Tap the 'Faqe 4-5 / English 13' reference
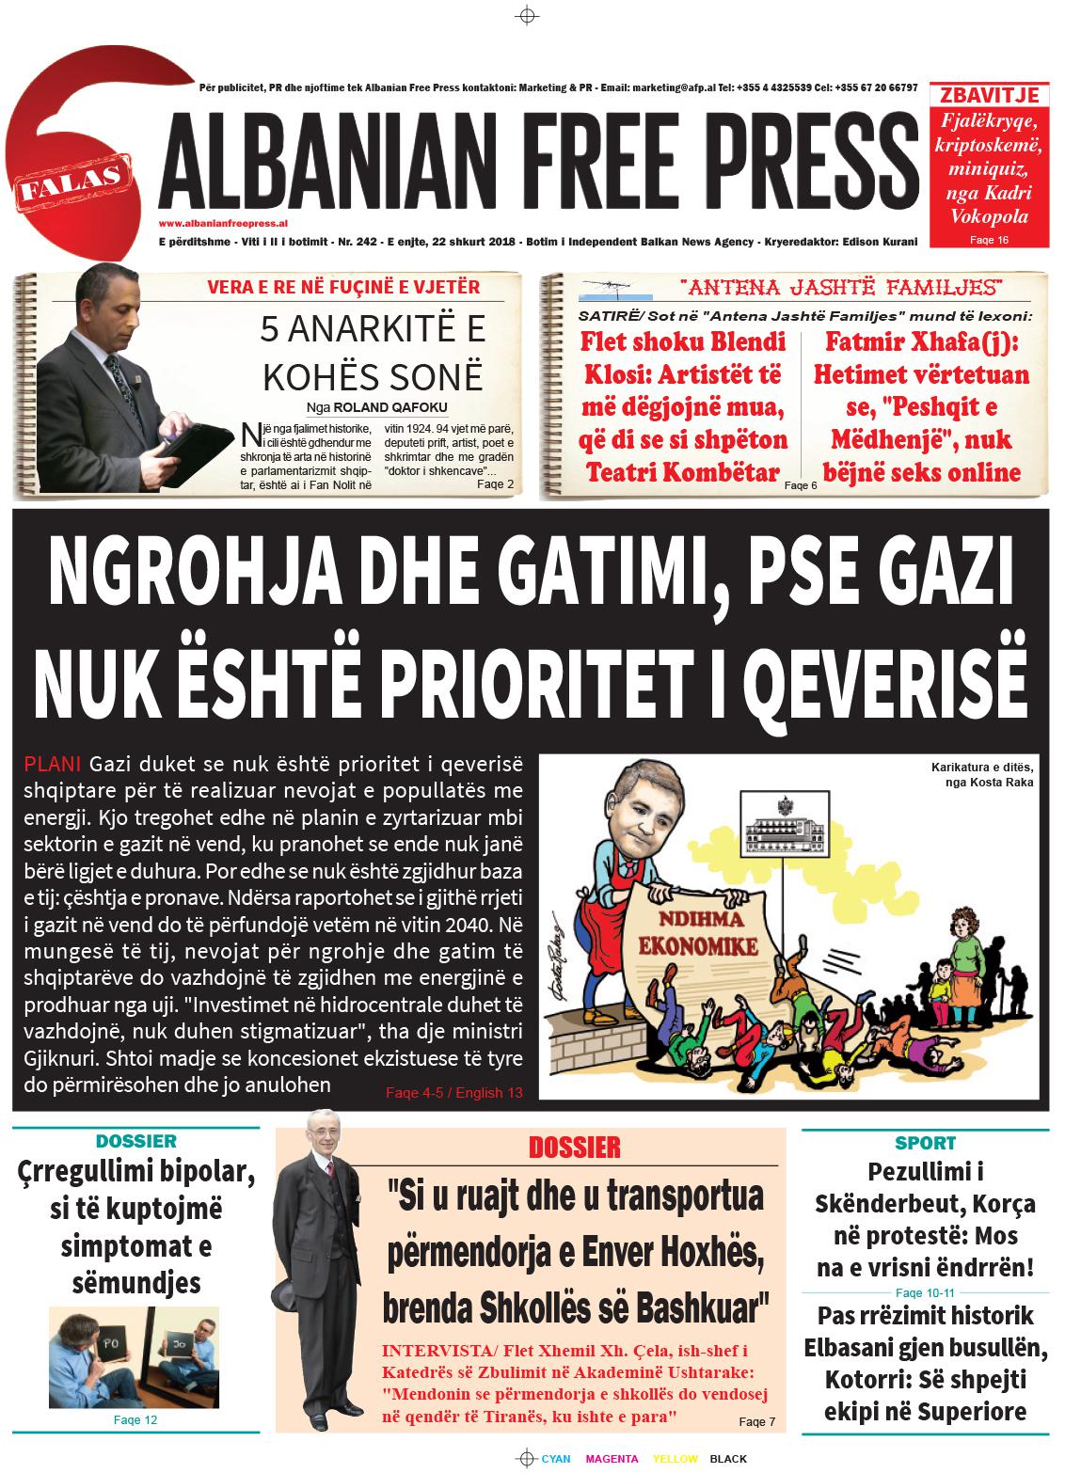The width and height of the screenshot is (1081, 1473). point(453,1093)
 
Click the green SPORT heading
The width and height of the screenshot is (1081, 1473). point(925,1143)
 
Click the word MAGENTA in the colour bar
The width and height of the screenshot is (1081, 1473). point(612,1459)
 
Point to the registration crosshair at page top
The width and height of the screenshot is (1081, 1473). point(527,15)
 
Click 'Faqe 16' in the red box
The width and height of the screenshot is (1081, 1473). point(988,241)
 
